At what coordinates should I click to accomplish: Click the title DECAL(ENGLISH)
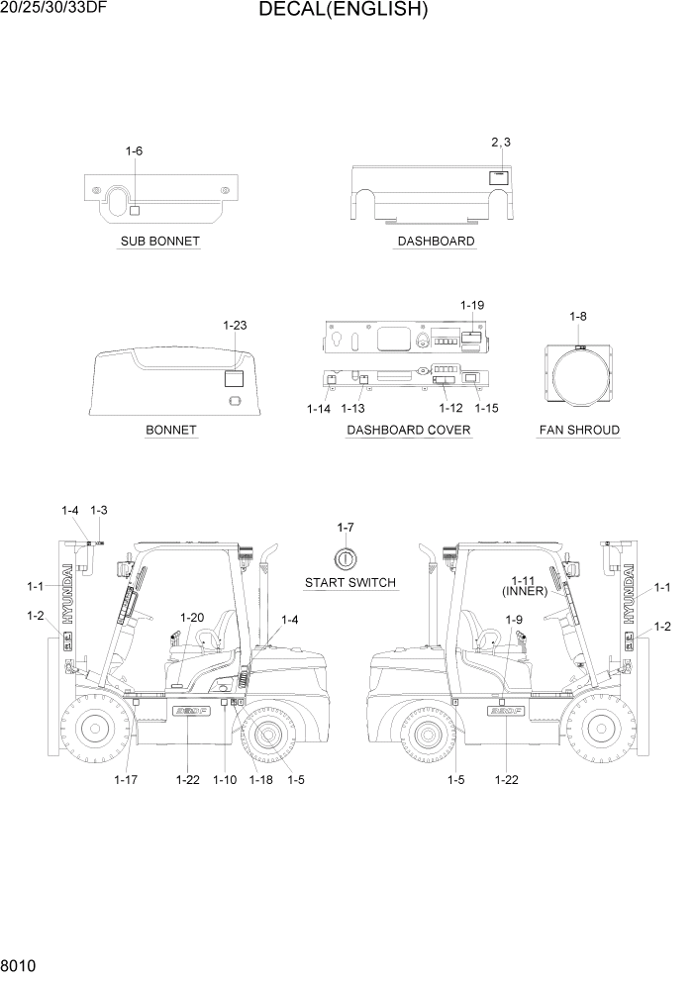point(343,11)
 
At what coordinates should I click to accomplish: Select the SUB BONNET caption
point(159,242)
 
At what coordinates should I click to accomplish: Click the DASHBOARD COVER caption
point(408,431)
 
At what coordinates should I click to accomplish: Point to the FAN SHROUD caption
point(579,431)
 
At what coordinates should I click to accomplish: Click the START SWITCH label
point(350,583)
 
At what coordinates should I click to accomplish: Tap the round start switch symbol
point(346,555)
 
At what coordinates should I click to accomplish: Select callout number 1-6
point(134,151)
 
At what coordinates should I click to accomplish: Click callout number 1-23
point(235,325)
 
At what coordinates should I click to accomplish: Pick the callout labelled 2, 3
point(501,143)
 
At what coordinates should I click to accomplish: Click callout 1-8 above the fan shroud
point(578,316)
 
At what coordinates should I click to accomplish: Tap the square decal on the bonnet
point(235,377)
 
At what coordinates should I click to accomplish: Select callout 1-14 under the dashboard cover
point(319,408)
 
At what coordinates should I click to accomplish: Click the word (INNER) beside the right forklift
point(525,591)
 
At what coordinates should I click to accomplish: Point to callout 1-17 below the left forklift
point(126,780)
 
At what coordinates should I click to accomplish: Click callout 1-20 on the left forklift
point(191,618)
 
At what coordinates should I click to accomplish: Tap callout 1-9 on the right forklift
point(514,620)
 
